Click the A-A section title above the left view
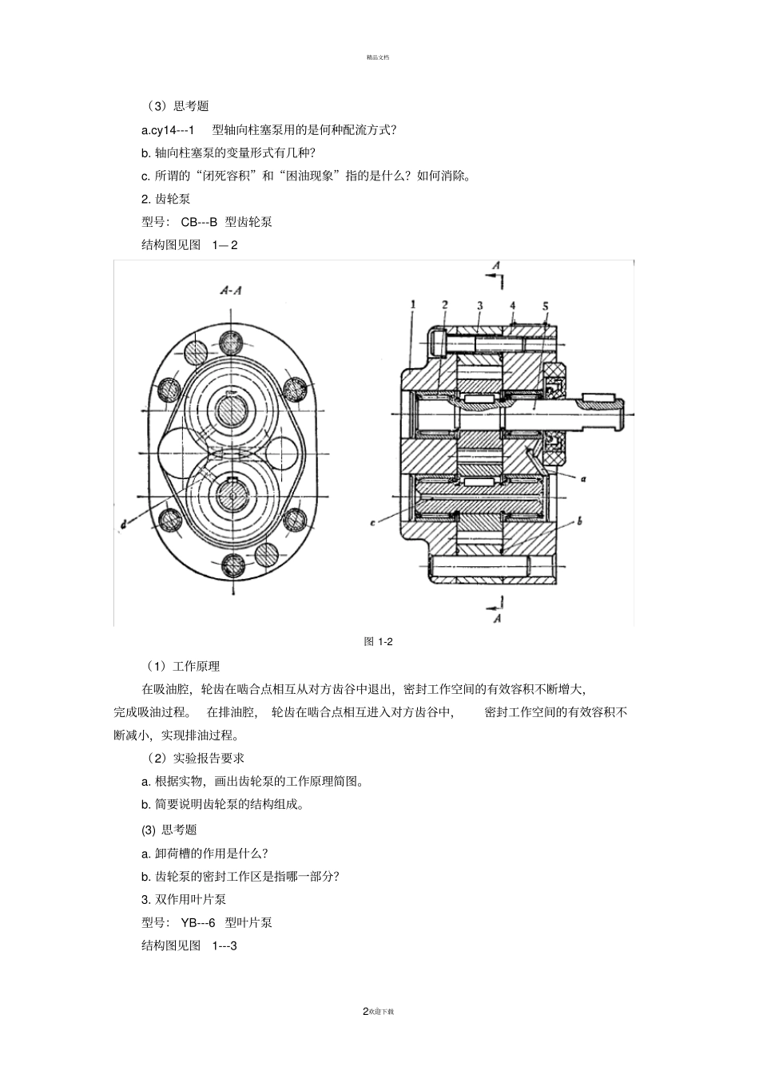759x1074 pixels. pos(230,291)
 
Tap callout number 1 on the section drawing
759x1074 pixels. pos(413,304)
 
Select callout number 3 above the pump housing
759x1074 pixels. pos(479,305)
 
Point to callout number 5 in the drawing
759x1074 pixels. pos(544,306)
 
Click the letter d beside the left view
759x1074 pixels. pos(124,525)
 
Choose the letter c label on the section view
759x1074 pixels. pos(372,523)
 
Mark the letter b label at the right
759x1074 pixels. pos(578,521)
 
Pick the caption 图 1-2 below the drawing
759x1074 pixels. pos(379,641)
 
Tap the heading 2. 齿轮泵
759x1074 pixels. pos(166,199)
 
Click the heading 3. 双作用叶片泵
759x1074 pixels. pos(184,899)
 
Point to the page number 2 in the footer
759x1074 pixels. pos(366,1011)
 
